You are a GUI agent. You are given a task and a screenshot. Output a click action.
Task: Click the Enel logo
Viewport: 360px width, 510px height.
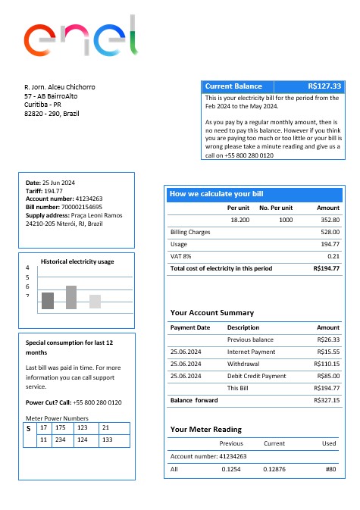(x=81, y=40)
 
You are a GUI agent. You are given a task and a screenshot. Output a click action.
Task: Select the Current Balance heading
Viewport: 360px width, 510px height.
(x=233, y=86)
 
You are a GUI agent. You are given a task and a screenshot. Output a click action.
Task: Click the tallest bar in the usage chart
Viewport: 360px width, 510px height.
(x=71, y=297)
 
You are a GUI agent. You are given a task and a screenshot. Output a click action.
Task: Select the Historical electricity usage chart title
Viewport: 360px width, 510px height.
(x=77, y=261)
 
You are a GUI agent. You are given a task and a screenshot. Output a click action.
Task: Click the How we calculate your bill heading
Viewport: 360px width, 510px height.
(x=216, y=194)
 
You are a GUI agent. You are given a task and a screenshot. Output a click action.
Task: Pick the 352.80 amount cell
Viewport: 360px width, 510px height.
(x=330, y=219)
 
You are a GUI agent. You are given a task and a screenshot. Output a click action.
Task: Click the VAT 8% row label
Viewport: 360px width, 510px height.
(x=180, y=256)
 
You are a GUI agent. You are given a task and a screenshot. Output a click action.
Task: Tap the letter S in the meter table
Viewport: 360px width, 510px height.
(x=28, y=429)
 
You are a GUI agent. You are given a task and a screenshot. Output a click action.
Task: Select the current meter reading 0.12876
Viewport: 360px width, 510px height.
(x=274, y=469)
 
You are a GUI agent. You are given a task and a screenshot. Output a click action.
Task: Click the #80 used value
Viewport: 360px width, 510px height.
(x=330, y=469)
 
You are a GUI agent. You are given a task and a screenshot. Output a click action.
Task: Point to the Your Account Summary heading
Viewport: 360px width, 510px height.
(x=211, y=312)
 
